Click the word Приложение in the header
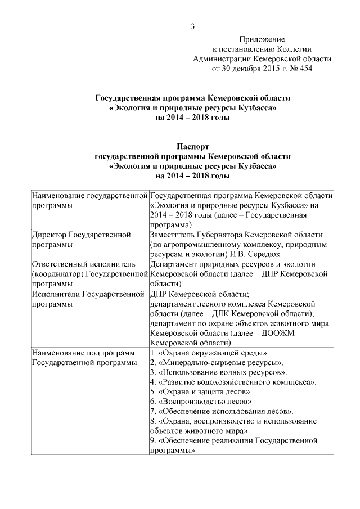(262, 39)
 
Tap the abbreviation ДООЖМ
(286, 332)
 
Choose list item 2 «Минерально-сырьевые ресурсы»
(217, 362)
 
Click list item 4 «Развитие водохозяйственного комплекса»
(233, 382)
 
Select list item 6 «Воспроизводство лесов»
(202, 402)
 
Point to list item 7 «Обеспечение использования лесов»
(222, 411)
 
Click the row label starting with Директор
(82, 240)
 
